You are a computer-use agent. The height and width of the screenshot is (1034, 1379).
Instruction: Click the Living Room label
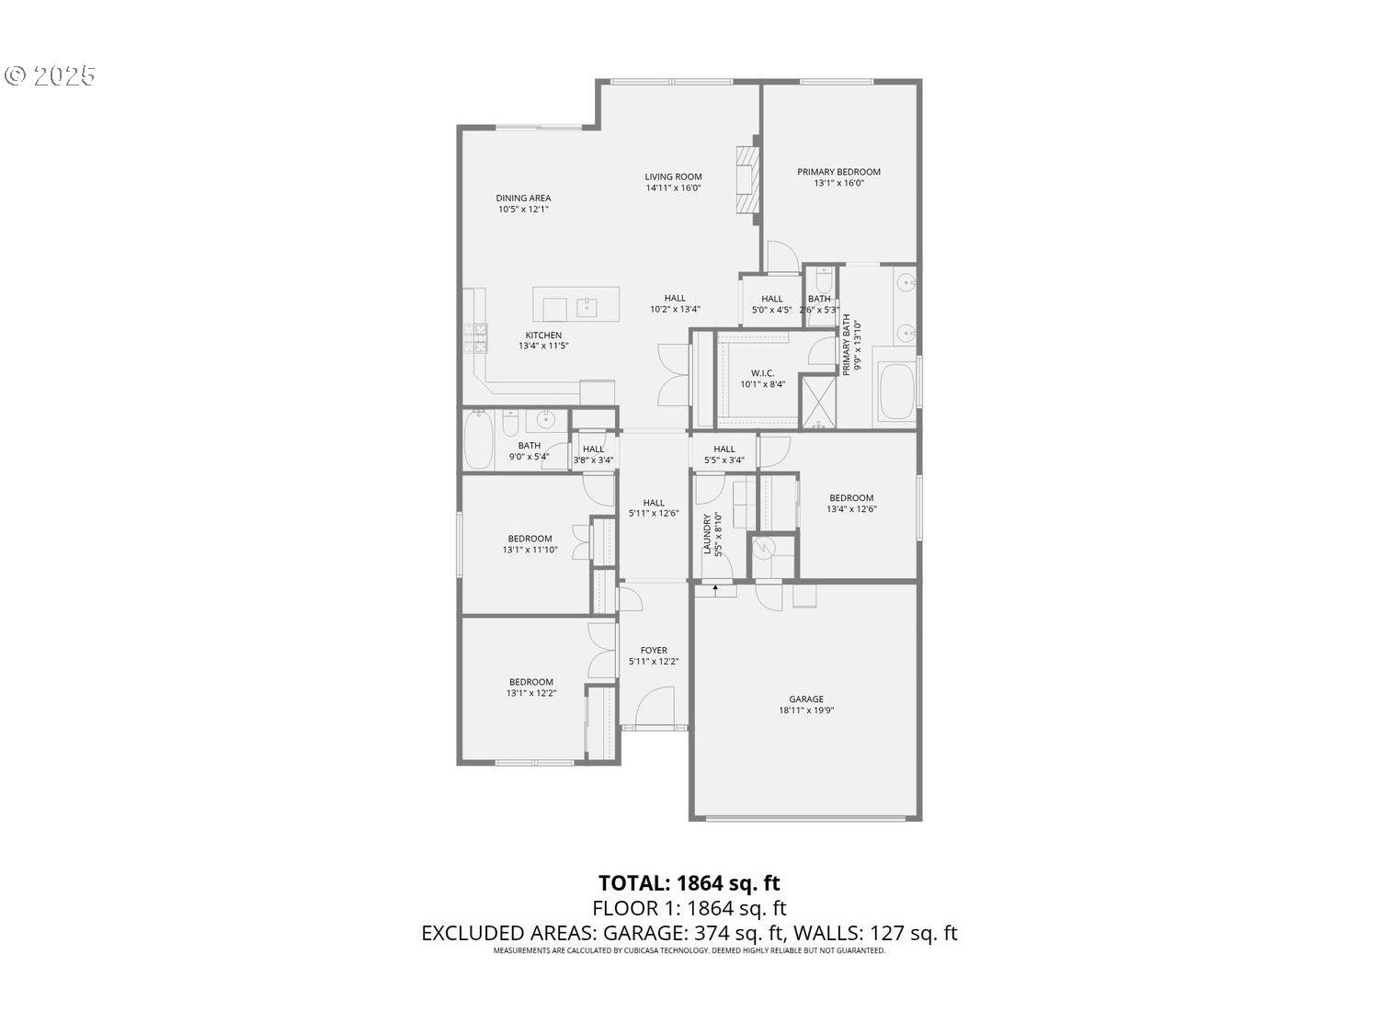673,176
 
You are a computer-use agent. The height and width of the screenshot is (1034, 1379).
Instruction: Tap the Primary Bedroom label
838,172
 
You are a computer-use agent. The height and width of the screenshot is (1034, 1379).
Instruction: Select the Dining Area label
523,198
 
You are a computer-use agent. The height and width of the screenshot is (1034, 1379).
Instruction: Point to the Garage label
806,699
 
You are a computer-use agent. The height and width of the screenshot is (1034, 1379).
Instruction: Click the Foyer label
654,651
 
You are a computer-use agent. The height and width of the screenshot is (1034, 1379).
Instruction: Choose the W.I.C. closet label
762,373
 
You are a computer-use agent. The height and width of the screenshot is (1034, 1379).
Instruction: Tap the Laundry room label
708,534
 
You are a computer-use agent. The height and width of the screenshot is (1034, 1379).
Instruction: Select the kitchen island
576,304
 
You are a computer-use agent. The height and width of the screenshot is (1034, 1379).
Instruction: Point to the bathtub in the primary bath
896,392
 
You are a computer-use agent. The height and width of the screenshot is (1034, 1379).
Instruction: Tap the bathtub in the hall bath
479,441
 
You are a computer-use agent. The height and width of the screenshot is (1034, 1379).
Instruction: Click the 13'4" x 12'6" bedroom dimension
851,509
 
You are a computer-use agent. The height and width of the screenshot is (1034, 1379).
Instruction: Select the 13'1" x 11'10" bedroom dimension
530,551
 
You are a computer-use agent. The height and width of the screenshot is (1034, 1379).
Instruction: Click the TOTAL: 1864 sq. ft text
689,883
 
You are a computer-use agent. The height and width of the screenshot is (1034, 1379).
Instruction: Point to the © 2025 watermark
51,75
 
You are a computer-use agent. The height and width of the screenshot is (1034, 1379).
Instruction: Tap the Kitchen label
543,335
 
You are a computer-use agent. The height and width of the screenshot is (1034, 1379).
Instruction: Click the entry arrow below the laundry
715,589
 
